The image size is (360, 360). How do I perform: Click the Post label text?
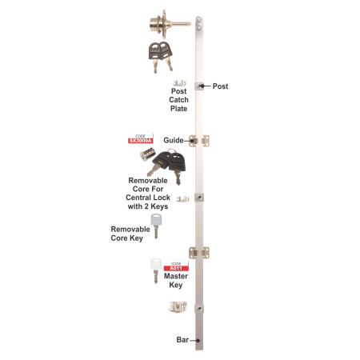[x=221, y=85]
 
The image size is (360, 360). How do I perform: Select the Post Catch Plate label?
[x=179, y=103]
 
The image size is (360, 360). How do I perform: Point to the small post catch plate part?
[x=179, y=84]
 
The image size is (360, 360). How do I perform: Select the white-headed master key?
[x=154, y=267]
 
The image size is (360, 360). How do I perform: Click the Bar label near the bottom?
[x=183, y=339]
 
